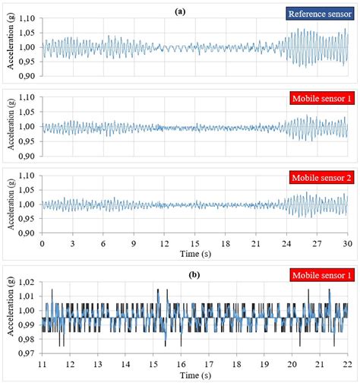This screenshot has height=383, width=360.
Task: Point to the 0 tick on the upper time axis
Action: [43, 243]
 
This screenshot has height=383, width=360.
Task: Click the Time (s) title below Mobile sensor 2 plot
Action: [195, 253]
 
